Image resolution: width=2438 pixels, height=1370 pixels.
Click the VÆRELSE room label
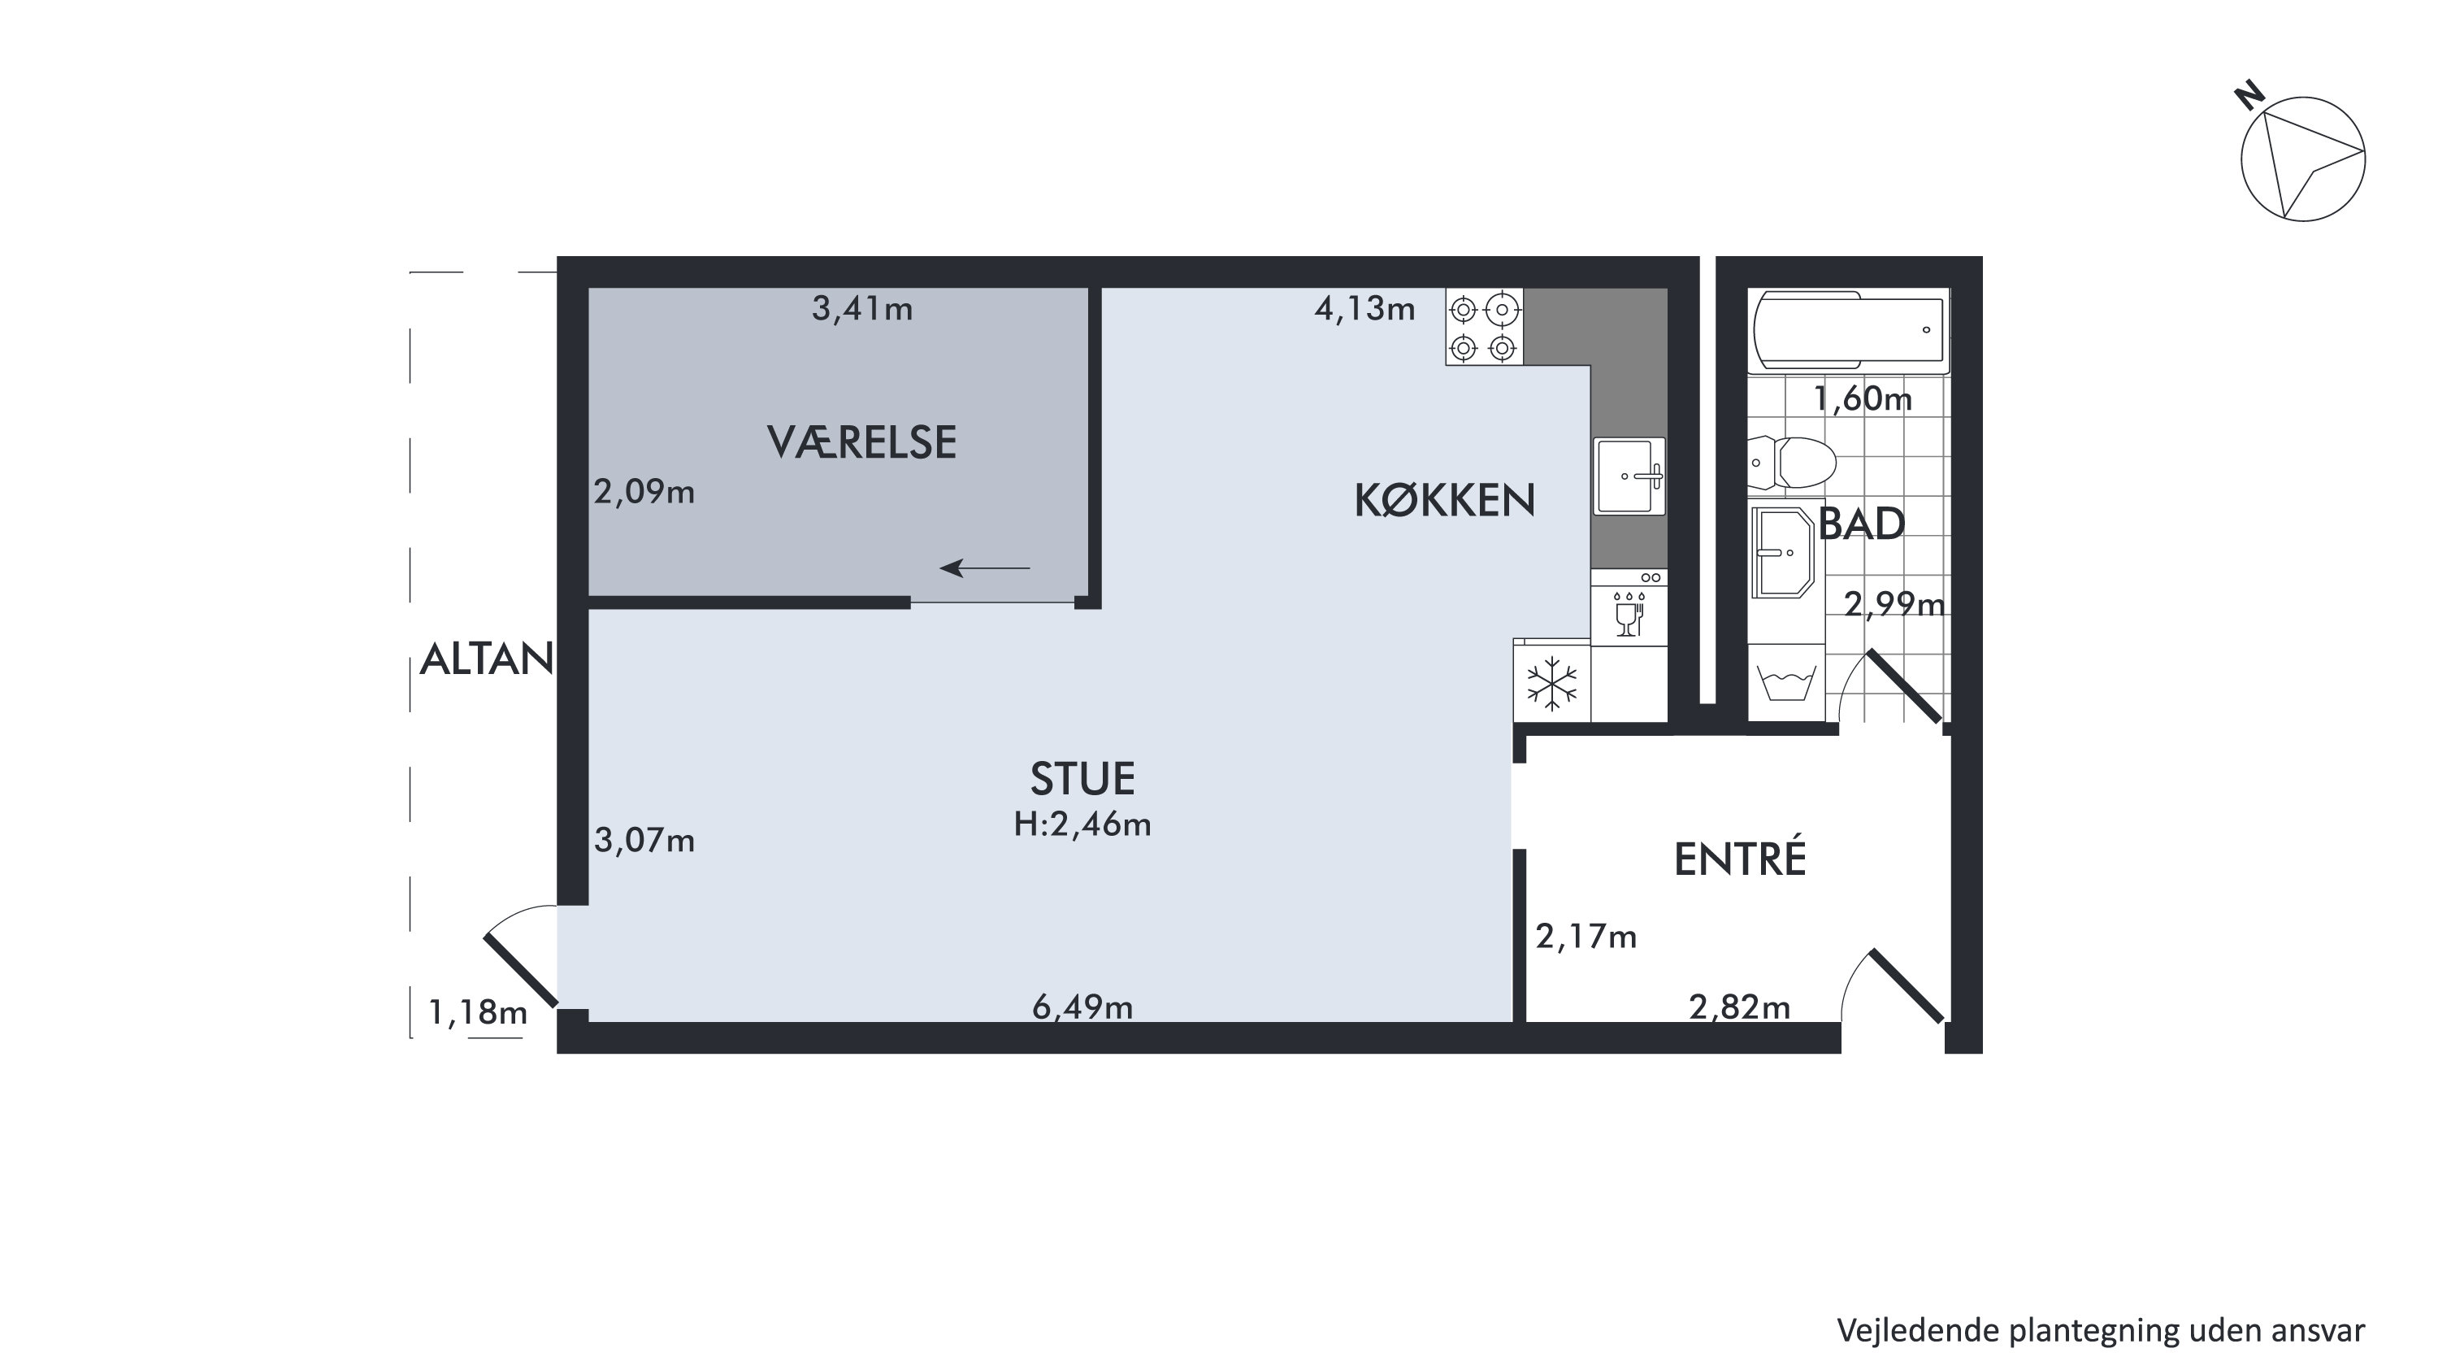pos(861,442)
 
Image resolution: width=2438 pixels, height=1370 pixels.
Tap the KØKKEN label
pos(1444,500)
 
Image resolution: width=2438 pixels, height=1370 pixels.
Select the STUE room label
pos(1082,778)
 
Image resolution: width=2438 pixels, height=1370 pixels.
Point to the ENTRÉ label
pos(1740,859)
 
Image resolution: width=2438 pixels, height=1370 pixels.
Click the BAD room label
pos(1861,524)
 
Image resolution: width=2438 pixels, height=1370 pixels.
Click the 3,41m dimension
pos(862,309)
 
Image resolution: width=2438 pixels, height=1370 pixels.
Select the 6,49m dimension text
pos(1082,1007)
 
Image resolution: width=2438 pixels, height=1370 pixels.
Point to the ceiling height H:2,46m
pos(1082,824)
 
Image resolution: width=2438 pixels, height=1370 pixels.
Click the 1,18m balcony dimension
pos(477,1013)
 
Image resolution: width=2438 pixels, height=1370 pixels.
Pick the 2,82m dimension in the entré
pos(1740,1007)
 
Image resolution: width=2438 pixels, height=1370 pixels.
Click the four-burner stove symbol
pos(1484,327)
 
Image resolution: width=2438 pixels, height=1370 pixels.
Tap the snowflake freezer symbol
pos(1552,683)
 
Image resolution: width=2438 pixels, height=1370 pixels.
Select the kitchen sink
pos(1629,476)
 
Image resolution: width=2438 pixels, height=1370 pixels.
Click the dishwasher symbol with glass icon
pos(1629,608)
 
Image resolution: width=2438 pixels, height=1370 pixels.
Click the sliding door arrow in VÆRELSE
pos(984,568)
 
